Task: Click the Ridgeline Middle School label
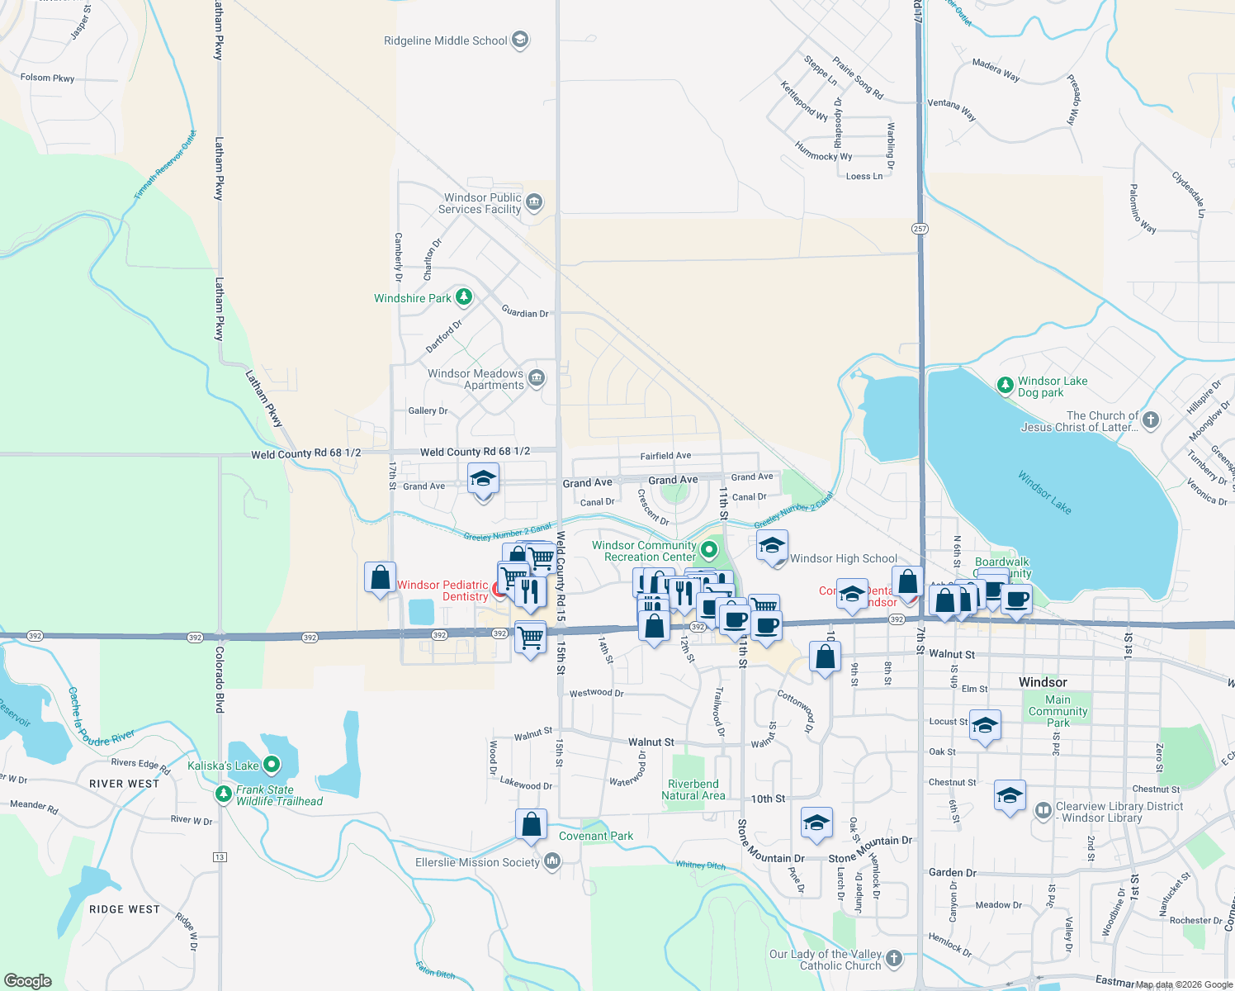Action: tap(445, 40)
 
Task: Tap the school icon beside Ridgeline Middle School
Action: tap(519, 40)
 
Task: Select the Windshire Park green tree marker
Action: tap(464, 296)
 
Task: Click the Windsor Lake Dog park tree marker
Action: tap(1005, 385)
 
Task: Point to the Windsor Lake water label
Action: tap(1044, 492)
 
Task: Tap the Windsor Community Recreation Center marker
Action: tap(708, 550)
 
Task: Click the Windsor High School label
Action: tap(843, 558)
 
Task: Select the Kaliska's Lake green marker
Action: tap(272, 765)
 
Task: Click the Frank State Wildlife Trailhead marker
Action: tap(223, 794)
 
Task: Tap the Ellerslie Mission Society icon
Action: tap(552, 862)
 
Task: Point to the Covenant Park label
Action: tap(596, 836)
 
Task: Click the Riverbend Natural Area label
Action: tap(693, 789)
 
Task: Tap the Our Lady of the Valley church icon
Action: tap(893, 958)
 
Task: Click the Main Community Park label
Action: tap(1058, 711)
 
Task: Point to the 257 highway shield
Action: tap(920, 228)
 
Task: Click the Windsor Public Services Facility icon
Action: tap(534, 202)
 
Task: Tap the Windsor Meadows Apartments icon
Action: tap(537, 378)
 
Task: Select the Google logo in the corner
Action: tap(28, 981)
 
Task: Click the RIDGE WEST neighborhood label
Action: tap(124, 909)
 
